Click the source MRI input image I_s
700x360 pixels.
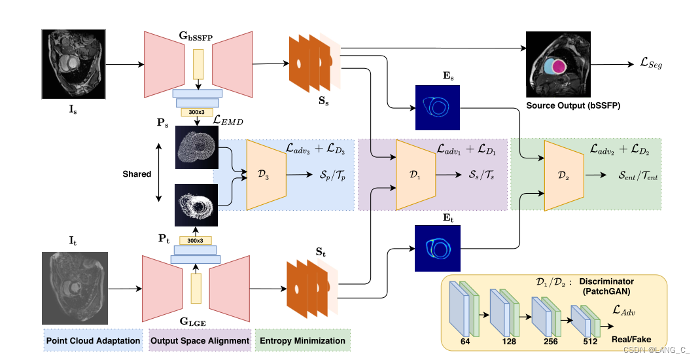(x=73, y=64)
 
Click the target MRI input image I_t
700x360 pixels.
(x=73, y=288)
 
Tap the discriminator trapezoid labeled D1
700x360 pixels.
(x=415, y=175)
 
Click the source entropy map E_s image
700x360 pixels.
(x=438, y=107)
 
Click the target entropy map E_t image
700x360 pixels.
(x=438, y=248)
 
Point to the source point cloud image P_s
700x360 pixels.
(x=197, y=148)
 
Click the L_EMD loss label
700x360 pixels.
(x=230, y=120)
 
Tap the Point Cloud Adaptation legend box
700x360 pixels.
(x=92, y=340)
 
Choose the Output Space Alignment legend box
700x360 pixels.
(x=200, y=340)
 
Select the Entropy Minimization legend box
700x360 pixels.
(x=302, y=340)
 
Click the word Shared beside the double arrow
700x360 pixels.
(x=137, y=174)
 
